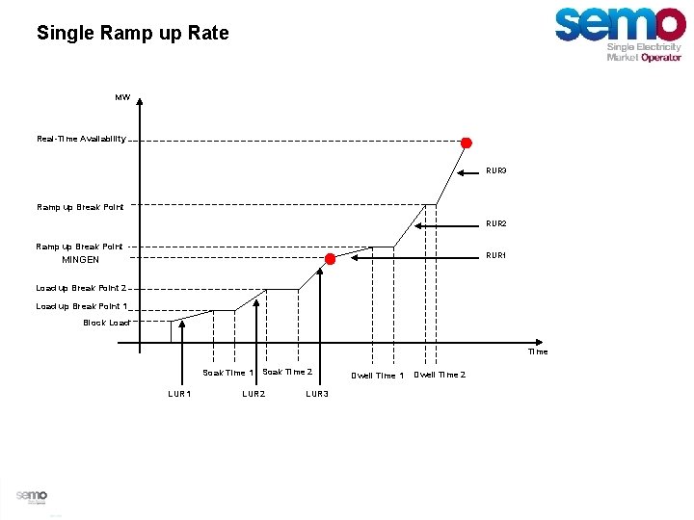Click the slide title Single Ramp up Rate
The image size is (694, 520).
tap(133, 34)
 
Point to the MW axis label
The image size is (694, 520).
tap(122, 97)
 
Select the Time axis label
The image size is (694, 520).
tap(537, 351)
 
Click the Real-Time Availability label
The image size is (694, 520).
tap(81, 139)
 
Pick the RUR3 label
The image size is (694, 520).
tap(495, 170)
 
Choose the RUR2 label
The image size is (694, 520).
tap(495, 223)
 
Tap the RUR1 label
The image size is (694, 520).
tap(495, 256)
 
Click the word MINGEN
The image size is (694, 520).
tap(81, 260)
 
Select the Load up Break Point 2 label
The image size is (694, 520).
tap(81, 288)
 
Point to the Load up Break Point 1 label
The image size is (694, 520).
tap(81, 306)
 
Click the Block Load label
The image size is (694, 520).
tap(106, 323)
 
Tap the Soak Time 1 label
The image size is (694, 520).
tap(228, 373)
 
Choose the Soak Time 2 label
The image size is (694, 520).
tap(287, 372)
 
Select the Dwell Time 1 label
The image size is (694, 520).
tap(377, 376)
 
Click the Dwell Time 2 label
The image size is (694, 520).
tap(440, 375)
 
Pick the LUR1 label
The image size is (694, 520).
tap(179, 394)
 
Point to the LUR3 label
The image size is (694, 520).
tap(317, 394)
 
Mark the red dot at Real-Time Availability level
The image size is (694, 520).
tap(467, 143)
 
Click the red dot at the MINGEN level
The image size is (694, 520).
tap(330, 259)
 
